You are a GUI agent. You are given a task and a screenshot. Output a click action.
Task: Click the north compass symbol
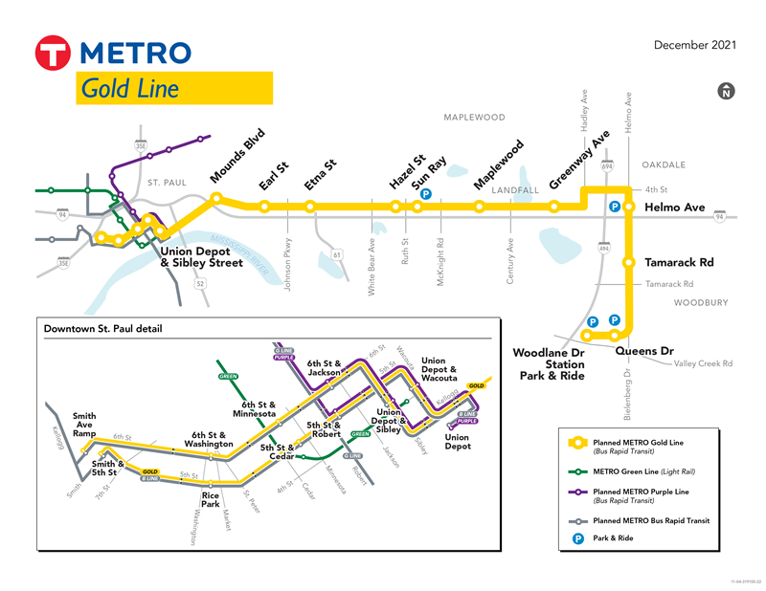click(727, 92)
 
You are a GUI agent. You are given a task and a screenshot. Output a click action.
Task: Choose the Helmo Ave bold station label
click(674, 207)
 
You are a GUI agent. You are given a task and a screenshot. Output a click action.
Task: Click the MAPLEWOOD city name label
click(474, 118)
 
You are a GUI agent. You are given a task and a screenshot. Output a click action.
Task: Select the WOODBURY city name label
click(701, 303)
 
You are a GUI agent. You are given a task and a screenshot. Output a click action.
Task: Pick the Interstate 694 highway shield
click(607, 166)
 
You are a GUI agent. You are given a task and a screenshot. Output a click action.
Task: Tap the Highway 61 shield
click(337, 254)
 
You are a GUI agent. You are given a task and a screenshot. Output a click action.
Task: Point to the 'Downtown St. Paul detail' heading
click(102, 329)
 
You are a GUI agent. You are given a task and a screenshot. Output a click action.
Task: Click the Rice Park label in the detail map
click(211, 499)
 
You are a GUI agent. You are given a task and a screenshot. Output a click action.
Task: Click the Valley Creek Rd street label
click(703, 363)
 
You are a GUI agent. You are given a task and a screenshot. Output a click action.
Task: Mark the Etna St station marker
click(310, 206)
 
